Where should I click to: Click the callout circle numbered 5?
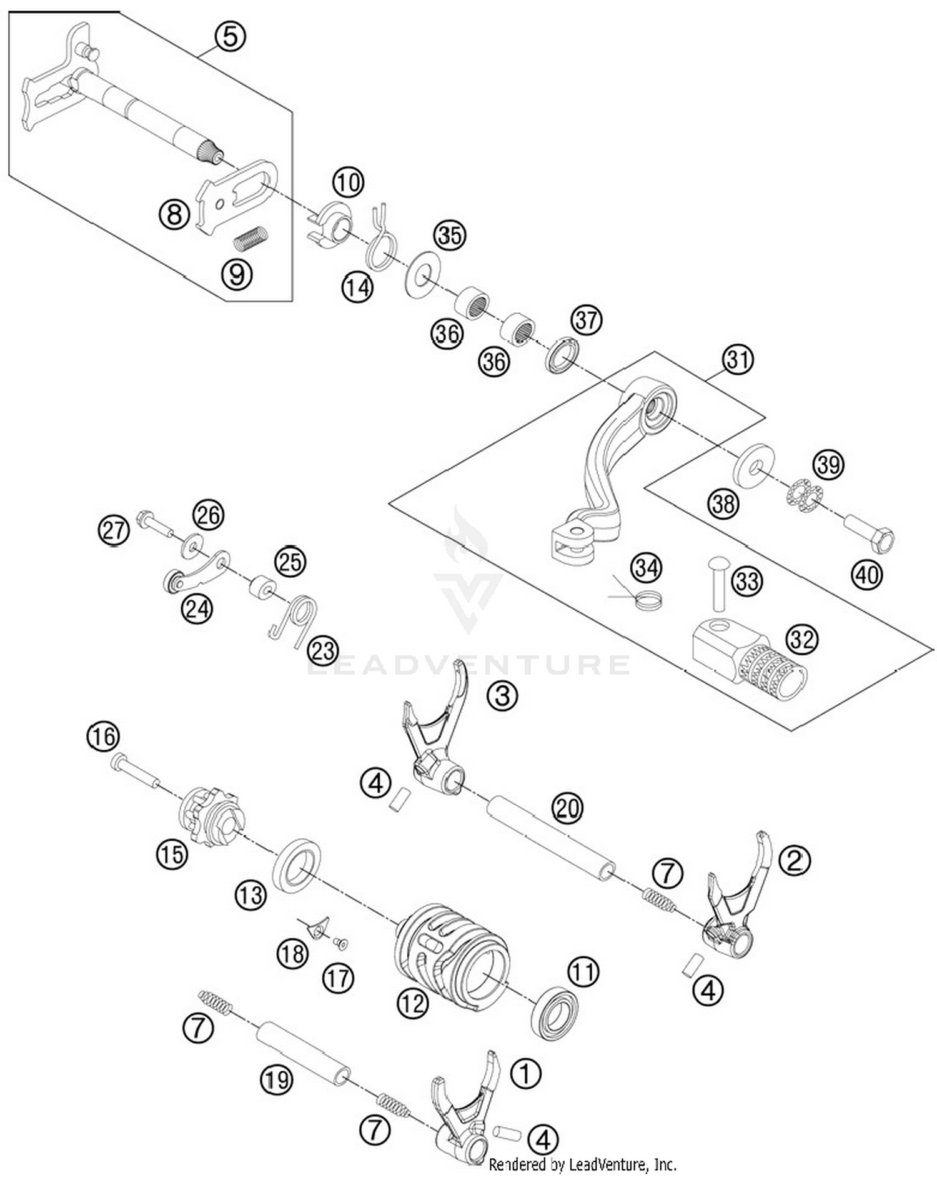[x=230, y=37]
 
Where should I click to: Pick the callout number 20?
[x=567, y=809]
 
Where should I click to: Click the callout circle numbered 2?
[x=794, y=862]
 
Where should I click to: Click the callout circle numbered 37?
[x=586, y=320]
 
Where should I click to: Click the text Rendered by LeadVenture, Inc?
[x=582, y=1164]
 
